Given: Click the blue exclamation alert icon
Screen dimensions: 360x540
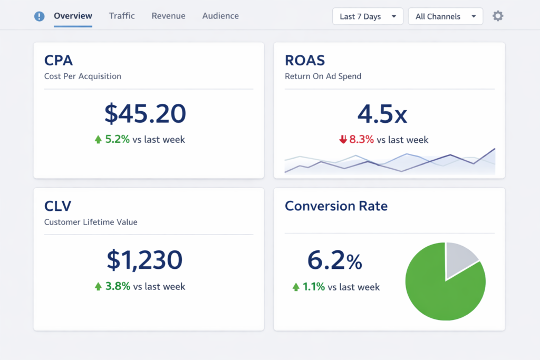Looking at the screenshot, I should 39,16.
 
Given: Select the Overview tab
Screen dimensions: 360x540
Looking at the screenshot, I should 73,16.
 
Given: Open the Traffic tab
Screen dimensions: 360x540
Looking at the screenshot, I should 122,16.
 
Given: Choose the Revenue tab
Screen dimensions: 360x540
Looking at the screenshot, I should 168,16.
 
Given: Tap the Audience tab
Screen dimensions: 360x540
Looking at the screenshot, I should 220,16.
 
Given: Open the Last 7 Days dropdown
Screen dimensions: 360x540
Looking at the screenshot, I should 368,16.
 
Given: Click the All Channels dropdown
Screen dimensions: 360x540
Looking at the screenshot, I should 445,16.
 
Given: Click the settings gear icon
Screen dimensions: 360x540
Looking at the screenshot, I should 498,16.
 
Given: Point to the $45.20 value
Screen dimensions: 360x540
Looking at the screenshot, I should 145,113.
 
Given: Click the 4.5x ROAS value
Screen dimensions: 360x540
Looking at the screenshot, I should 382,113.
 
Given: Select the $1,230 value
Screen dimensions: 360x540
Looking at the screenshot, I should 144,259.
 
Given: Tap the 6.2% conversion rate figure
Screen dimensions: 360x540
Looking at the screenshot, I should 335,260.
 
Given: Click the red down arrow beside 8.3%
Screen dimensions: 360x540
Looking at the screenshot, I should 343,140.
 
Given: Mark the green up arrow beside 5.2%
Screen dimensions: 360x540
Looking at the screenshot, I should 98,140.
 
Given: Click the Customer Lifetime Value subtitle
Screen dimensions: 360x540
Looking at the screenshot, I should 91,222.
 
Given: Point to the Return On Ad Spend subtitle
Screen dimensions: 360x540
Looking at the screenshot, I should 323,76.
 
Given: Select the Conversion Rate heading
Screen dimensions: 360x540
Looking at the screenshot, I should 336,206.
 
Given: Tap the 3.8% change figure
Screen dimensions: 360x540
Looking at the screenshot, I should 118,286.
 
